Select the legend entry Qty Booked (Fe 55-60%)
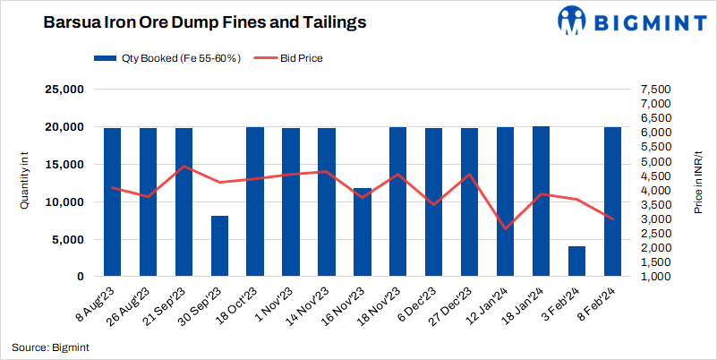point(166,58)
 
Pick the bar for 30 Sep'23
point(219,246)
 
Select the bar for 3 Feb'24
point(577,261)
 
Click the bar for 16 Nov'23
point(363,233)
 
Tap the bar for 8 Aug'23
point(112,202)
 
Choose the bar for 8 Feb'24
point(613,202)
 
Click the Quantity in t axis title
point(26,184)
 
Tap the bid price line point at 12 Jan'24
point(506,229)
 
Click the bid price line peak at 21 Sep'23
point(184,167)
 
